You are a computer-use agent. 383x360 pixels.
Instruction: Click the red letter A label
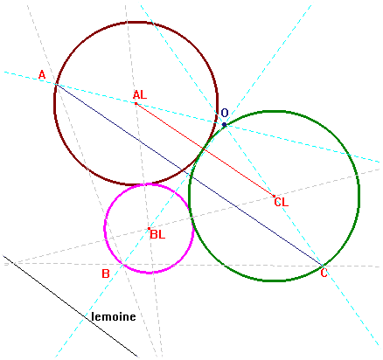[x=42, y=75]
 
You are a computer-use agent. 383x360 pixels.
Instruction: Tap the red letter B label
[x=106, y=273]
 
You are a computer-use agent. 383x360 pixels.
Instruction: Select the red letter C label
[x=324, y=273]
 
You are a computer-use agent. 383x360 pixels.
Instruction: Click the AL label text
[x=140, y=95]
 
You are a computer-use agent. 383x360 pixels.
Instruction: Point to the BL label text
[x=157, y=234]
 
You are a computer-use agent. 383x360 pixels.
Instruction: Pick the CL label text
[x=282, y=202]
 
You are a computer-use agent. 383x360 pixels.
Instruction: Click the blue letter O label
[x=225, y=113]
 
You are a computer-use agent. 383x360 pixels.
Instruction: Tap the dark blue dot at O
[x=224, y=125]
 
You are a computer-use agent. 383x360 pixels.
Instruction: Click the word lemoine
[x=114, y=316]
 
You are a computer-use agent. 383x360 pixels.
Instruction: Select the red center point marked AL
[x=136, y=103]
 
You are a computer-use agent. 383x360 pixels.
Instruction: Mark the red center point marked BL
[x=149, y=229]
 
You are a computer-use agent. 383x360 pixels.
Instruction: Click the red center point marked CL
[x=274, y=196]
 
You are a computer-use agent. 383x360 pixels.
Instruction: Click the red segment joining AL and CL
[x=205, y=149]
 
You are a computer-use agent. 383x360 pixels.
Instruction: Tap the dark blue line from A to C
[x=190, y=175]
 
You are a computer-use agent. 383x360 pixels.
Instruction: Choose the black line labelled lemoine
[x=70, y=306]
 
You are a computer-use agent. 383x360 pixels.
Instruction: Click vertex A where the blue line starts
[x=57, y=84]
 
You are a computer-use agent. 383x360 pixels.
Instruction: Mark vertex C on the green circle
[x=323, y=266]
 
